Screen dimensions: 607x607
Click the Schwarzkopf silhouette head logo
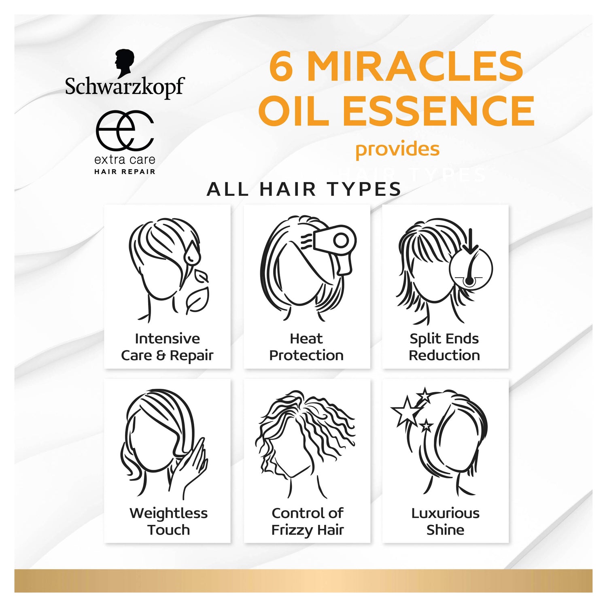(x=124, y=63)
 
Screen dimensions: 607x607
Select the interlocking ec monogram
(x=125, y=130)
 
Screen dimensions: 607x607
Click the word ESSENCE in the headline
(x=438, y=110)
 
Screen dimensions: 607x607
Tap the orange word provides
(x=397, y=149)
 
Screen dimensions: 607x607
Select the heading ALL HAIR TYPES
(x=304, y=189)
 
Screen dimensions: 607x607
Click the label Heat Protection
(x=306, y=347)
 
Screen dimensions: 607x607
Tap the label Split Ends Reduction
(x=444, y=347)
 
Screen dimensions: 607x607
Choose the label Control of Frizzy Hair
(x=308, y=521)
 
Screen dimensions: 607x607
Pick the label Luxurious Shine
(x=445, y=521)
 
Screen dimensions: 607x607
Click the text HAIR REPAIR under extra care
(x=125, y=172)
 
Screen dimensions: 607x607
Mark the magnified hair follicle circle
(x=471, y=268)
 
